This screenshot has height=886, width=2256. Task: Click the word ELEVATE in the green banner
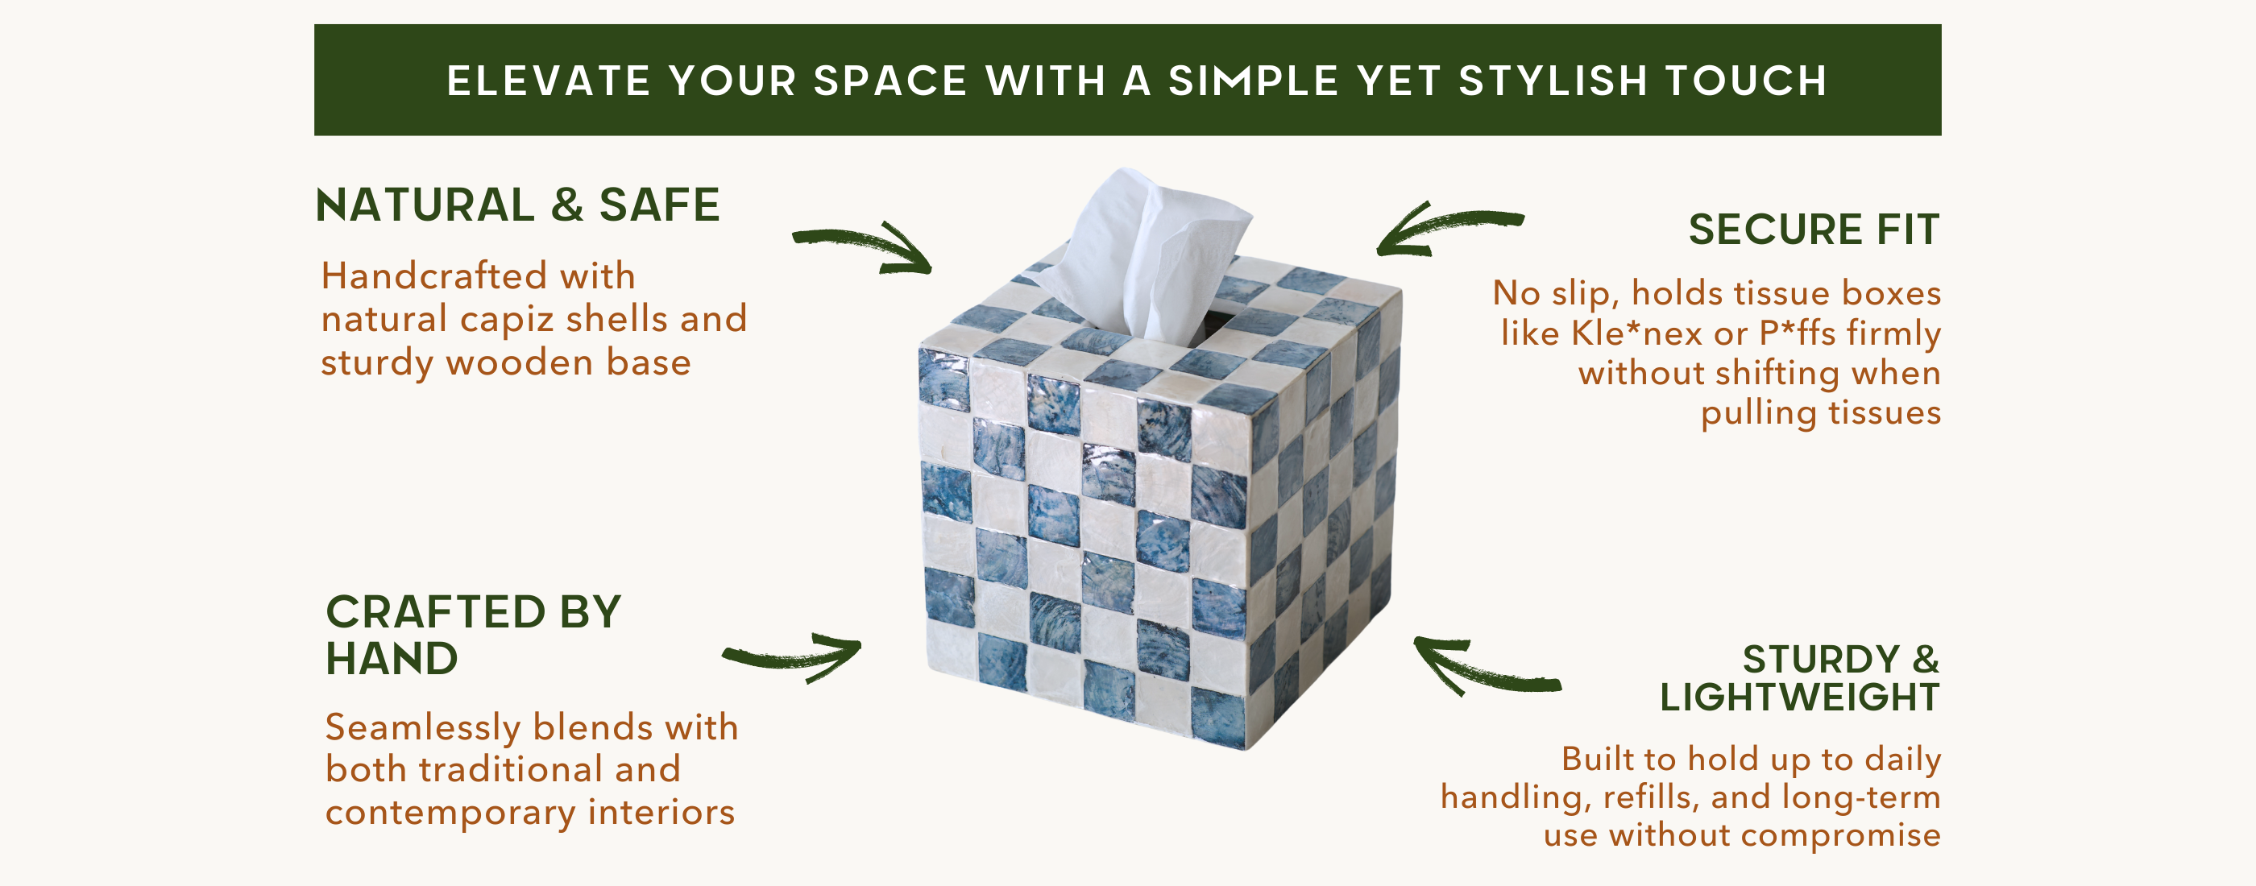point(548,81)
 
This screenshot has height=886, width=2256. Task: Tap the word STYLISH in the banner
point(1553,81)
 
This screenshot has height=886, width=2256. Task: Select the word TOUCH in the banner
point(1746,81)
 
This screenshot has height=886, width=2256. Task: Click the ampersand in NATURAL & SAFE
point(567,205)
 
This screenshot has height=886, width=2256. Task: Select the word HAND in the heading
point(392,658)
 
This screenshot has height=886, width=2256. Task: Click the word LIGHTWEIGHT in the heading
point(1800,697)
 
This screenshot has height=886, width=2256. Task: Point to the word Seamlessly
point(423,728)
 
